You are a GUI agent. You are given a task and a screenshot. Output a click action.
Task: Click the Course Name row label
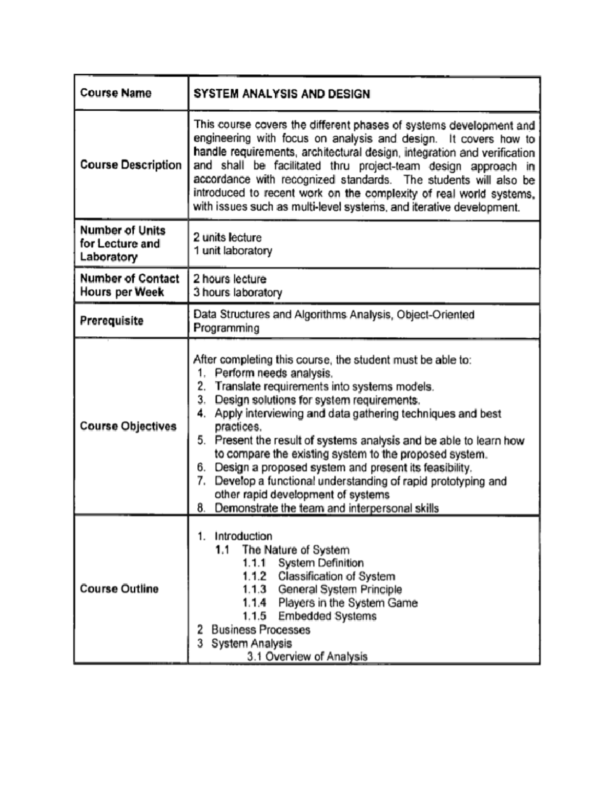tap(116, 93)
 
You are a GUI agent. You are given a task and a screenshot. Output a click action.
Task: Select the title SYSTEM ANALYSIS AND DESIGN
tap(281, 94)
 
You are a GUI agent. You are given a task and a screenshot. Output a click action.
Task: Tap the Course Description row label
tap(131, 165)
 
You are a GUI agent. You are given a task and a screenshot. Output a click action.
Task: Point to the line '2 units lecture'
tap(227, 237)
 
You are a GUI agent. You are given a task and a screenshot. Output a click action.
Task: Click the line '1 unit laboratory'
tap(232, 251)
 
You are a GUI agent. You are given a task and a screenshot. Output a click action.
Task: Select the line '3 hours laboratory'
tap(237, 293)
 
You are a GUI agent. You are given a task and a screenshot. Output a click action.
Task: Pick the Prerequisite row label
tap(112, 321)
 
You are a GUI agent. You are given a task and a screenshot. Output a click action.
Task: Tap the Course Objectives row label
tap(128, 426)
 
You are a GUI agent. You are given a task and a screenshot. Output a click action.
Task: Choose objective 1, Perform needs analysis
tap(274, 373)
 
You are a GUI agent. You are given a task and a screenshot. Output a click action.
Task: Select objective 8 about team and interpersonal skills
tap(326, 508)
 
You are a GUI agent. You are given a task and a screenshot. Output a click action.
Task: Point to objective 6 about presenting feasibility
tap(343, 467)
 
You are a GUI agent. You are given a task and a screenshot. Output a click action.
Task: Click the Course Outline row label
tap(119, 589)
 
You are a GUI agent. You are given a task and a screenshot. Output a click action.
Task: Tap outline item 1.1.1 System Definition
tap(320, 563)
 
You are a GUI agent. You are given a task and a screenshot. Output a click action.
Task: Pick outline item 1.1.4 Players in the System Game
tap(347, 603)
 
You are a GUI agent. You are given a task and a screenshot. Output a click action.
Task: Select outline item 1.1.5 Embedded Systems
tap(327, 617)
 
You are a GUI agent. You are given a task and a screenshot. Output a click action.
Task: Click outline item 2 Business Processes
tap(260, 630)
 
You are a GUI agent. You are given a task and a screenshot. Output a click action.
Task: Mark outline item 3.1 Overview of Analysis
tap(307, 657)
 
